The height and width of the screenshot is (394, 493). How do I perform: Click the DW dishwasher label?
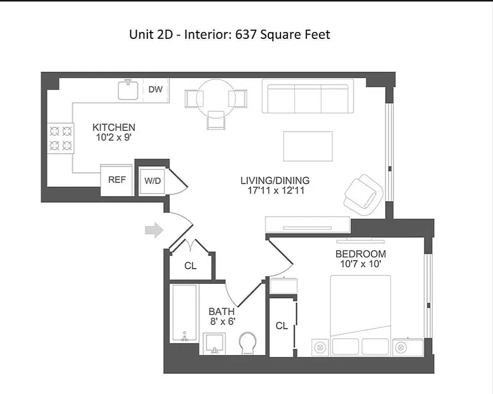tap(156, 90)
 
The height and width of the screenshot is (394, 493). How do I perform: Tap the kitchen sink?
tap(128, 90)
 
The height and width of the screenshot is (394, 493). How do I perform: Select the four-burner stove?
tap(61, 138)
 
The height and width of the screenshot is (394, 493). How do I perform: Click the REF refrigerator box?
tap(117, 180)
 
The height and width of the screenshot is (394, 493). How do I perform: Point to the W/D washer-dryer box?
tap(152, 181)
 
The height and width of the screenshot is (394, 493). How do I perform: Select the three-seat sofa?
tap(307, 96)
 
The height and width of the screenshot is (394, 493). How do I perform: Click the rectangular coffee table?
tap(308, 146)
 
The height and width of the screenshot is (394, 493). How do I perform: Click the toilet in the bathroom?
tap(248, 343)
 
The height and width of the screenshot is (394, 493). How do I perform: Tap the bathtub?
tap(184, 313)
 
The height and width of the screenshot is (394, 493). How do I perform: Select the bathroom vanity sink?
tap(215, 343)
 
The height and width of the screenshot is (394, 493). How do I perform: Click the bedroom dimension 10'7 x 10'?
tap(361, 264)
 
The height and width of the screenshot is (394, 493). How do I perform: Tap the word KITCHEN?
tap(114, 128)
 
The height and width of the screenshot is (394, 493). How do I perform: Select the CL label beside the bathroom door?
tap(191, 266)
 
